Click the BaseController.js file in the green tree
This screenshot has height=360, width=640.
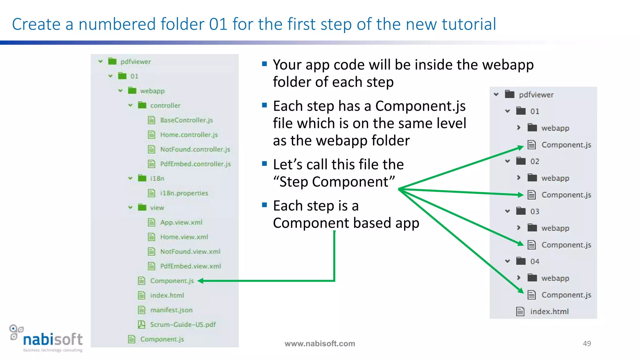[186, 120]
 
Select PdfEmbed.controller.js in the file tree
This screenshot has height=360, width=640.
[195, 164]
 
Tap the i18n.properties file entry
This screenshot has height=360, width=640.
[184, 193]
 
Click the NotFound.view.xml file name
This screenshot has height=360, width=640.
[190, 252]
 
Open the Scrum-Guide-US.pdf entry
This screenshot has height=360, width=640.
[182, 325]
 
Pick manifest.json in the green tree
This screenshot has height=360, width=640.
[171, 310]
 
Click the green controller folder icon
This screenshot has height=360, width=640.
[142, 105]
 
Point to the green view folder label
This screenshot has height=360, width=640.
[157, 208]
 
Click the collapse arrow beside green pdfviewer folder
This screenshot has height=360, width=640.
[101, 62]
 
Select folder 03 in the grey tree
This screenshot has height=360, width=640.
[534, 212]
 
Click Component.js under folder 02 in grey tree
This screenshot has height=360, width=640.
[566, 195]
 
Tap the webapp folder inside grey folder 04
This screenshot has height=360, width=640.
[555, 278]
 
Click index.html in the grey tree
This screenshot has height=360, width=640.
[549, 312]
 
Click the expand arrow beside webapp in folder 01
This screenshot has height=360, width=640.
[519, 128]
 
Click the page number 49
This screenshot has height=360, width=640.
[587, 343]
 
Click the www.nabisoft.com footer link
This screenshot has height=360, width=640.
[320, 344]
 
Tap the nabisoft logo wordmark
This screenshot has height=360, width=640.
[53, 339]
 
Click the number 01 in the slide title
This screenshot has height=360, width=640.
[218, 24]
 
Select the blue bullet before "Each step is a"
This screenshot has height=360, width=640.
[264, 205]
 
